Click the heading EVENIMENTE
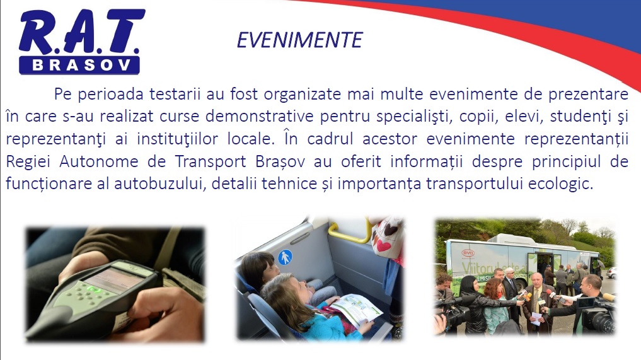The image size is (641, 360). click(x=299, y=40)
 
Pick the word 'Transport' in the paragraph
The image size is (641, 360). click(x=210, y=161)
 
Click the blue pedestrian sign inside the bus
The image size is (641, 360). click(x=285, y=258)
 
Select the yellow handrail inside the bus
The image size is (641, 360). click(x=350, y=233)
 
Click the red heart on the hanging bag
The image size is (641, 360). click(x=383, y=245)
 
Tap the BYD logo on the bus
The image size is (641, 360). click(x=468, y=253)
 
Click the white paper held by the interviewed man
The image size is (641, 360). click(x=536, y=318)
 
